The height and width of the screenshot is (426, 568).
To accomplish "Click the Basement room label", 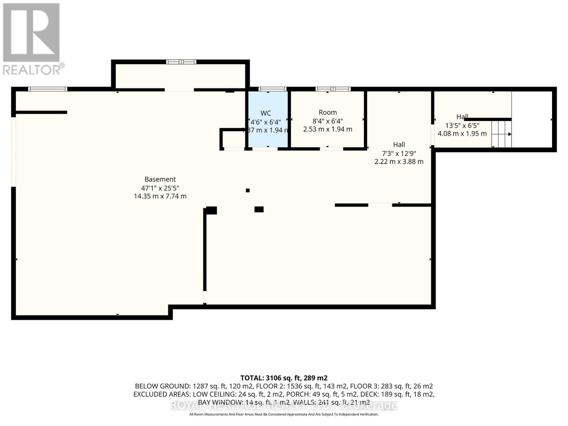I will [x=160, y=179].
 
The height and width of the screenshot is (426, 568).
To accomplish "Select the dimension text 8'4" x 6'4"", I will [x=327, y=121].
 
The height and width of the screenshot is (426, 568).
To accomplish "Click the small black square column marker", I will [x=248, y=191].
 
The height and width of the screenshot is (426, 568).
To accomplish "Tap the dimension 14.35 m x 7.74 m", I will [x=160, y=196].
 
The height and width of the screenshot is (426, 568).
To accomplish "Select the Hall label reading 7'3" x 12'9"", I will [x=399, y=153].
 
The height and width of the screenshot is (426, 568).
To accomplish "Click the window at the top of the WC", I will [x=272, y=89].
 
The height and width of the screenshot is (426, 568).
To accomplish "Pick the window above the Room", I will [x=333, y=89].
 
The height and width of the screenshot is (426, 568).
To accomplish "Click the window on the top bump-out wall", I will [x=181, y=62].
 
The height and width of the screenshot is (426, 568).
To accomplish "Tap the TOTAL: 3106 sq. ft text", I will [x=284, y=378].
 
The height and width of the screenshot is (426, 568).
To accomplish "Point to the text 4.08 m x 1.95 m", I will [x=462, y=134].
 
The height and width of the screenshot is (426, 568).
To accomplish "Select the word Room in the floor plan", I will [x=327, y=113].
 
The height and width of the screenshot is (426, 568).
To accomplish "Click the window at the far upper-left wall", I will [x=48, y=89].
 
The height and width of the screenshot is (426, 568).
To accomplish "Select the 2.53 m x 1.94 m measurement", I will [x=327, y=130].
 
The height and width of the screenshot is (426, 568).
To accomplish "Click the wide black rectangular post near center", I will [x=259, y=209].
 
